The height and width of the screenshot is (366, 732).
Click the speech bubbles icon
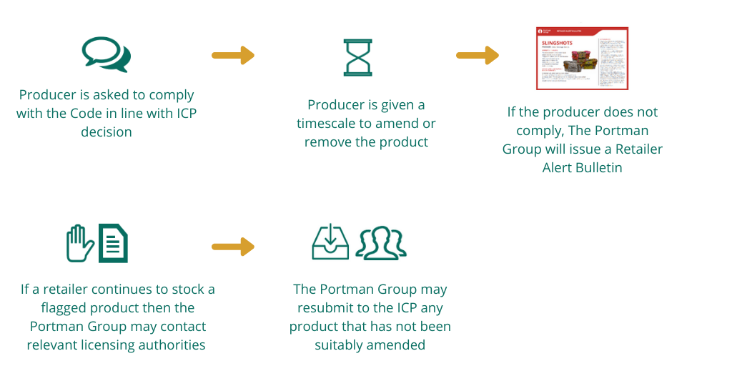(x=107, y=54)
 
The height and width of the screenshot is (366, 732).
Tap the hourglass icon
(x=357, y=57)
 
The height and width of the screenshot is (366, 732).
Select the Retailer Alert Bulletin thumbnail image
(x=582, y=59)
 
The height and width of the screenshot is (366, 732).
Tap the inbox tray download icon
(x=330, y=243)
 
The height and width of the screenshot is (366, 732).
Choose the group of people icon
(x=381, y=243)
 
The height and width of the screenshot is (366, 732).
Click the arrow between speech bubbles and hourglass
(x=233, y=55)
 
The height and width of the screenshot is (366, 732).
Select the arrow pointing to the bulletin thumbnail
(x=477, y=55)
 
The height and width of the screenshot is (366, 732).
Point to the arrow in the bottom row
(x=233, y=247)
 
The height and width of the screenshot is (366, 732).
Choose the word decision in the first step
(x=107, y=132)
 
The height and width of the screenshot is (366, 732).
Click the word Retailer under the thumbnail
(x=635, y=149)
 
